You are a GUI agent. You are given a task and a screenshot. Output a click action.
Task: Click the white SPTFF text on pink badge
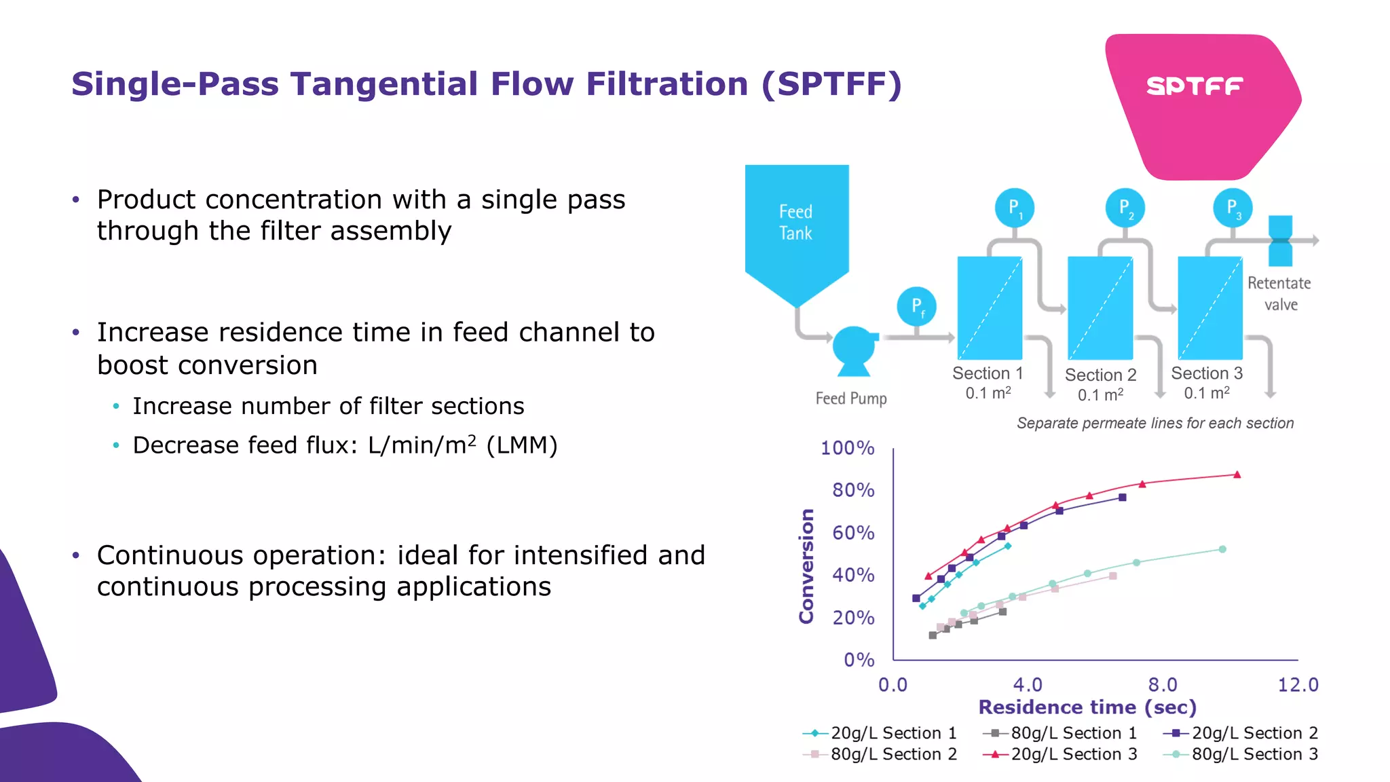pyautogui.click(x=1195, y=86)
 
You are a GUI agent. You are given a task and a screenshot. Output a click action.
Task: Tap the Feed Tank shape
pyautogui.click(x=796, y=224)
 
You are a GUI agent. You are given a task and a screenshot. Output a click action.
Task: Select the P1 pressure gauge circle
pyautogui.click(x=1015, y=208)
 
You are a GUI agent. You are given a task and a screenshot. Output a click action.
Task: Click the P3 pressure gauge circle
pyautogui.click(x=1233, y=208)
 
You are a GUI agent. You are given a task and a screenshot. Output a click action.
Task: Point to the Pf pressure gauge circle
pyautogui.click(x=916, y=307)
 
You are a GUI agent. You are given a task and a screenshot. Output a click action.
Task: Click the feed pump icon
pyautogui.click(x=854, y=350)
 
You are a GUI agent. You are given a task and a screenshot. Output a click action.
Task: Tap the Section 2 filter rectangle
pyautogui.click(x=1100, y=308)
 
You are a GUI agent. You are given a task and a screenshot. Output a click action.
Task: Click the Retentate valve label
pyautogui.click(x=1279, y=293)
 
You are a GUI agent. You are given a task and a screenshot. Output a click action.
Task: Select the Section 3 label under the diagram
pyautogui.click(x=1207, y=373)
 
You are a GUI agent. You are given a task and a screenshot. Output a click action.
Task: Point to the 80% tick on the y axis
pyautogui.click(x=853, y=490)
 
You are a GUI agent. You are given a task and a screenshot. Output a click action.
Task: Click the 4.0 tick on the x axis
pyautogui.click(x=1028, y=684)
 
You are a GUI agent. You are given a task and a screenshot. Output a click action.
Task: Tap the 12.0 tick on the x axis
pyautogui.click(x=1297, y=684)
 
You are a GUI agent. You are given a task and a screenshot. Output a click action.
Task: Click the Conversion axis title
pyautogui.click(x=806, y=565)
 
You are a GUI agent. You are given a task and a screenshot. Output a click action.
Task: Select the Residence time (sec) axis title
pyautogui.click(x=1087, y=707)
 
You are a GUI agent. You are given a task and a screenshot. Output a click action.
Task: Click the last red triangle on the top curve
pyautogui.click(x=1237, y=474)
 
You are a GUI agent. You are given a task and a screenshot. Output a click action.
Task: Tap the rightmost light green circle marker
pyautogui.click(x=1222, y=549)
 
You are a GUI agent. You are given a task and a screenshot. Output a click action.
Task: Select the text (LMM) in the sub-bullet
pyautogui.click(x=522, y=445)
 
